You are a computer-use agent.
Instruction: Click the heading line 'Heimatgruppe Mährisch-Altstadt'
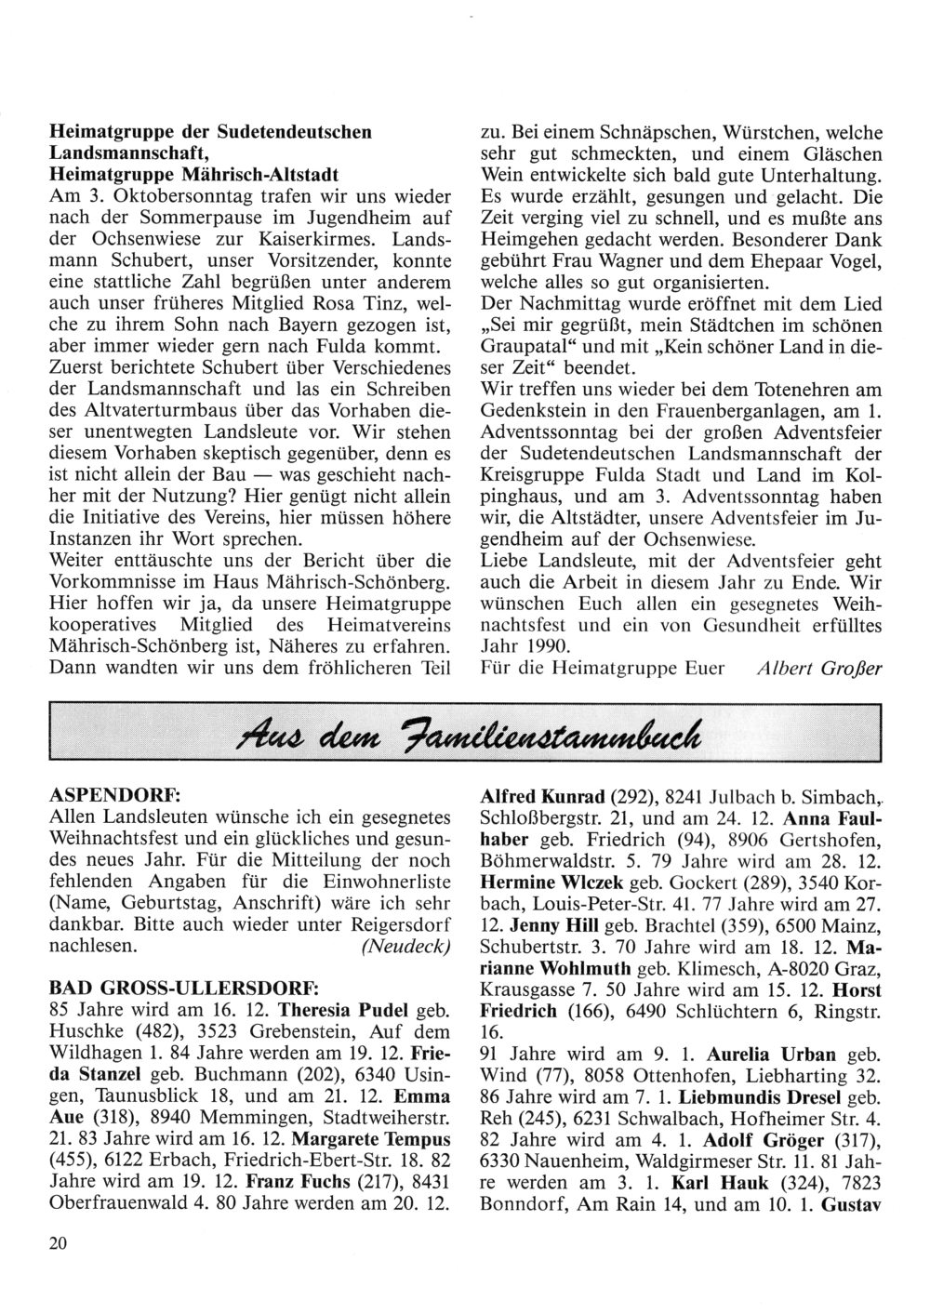pos(193,175)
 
